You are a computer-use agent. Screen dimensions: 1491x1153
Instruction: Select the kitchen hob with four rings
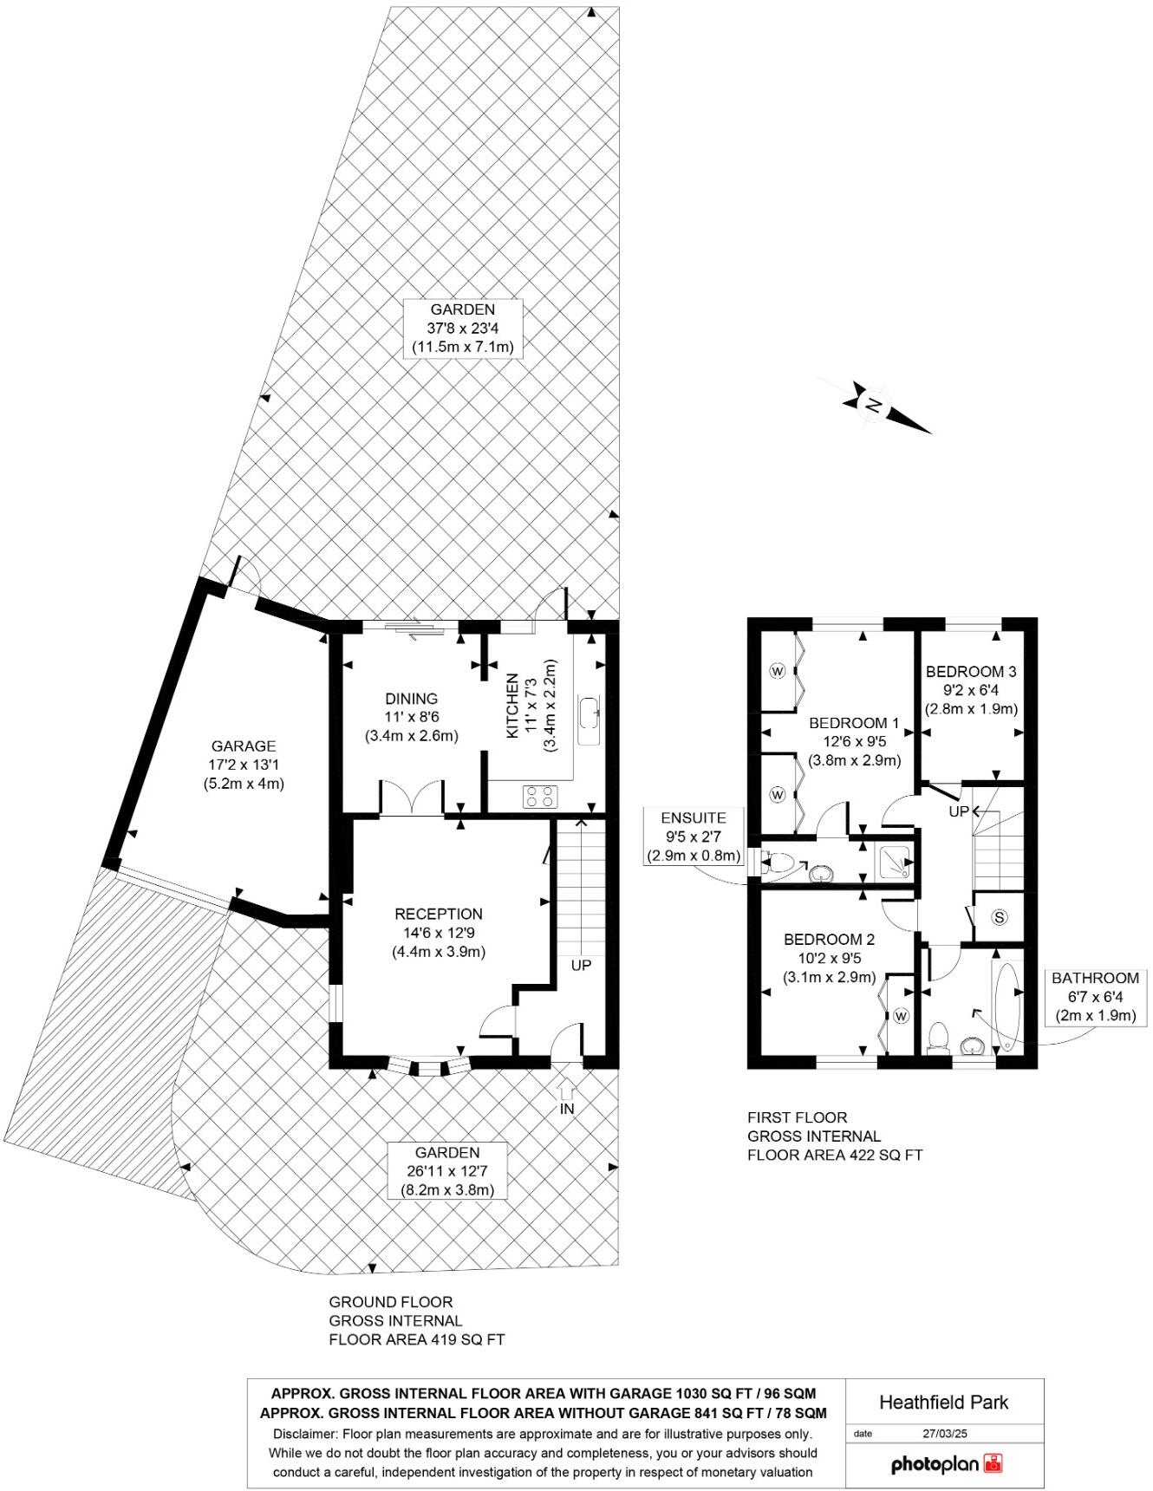[x=540, y=796]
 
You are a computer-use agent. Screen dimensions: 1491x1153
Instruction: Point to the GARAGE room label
[x=244, y=746]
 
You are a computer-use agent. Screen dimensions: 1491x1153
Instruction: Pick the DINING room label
[x=412, y=699]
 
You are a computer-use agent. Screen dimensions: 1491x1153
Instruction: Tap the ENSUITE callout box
[x=694, y=837]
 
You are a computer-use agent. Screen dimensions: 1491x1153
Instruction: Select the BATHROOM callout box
[x=1095, y=997]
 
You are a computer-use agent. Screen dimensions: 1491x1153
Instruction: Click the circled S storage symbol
[x=1000, y=917]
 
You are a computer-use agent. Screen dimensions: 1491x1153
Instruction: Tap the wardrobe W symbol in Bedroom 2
[x=901, y=1015]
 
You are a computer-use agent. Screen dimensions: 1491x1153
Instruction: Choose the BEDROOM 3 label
[x=971, y=671]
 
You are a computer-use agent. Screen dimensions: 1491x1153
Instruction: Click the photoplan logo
[x=947, y=1464]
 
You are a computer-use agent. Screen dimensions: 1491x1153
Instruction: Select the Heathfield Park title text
[x=944, y=1402]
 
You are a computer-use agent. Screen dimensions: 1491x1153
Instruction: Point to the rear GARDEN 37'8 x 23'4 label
[x=463, y=309]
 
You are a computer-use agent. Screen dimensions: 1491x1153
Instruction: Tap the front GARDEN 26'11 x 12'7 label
[x=446, y=1153]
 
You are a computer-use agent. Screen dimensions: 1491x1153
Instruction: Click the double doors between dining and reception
[x=413, y=798]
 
